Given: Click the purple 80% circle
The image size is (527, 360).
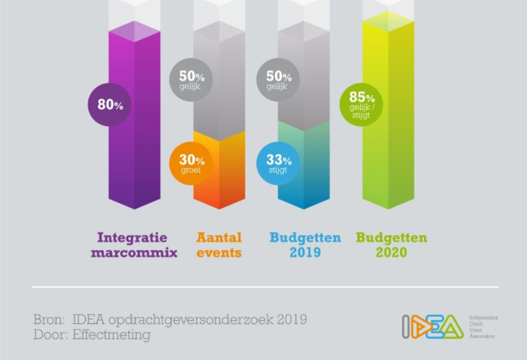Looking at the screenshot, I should point(110,105).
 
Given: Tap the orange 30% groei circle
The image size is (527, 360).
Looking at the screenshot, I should point(191,164).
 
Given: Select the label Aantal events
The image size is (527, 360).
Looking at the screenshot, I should point(218,245).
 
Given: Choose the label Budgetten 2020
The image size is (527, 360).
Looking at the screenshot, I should point(390,245).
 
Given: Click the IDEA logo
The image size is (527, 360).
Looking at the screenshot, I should point(431,326).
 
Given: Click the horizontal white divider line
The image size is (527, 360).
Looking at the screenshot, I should point(264,287).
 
